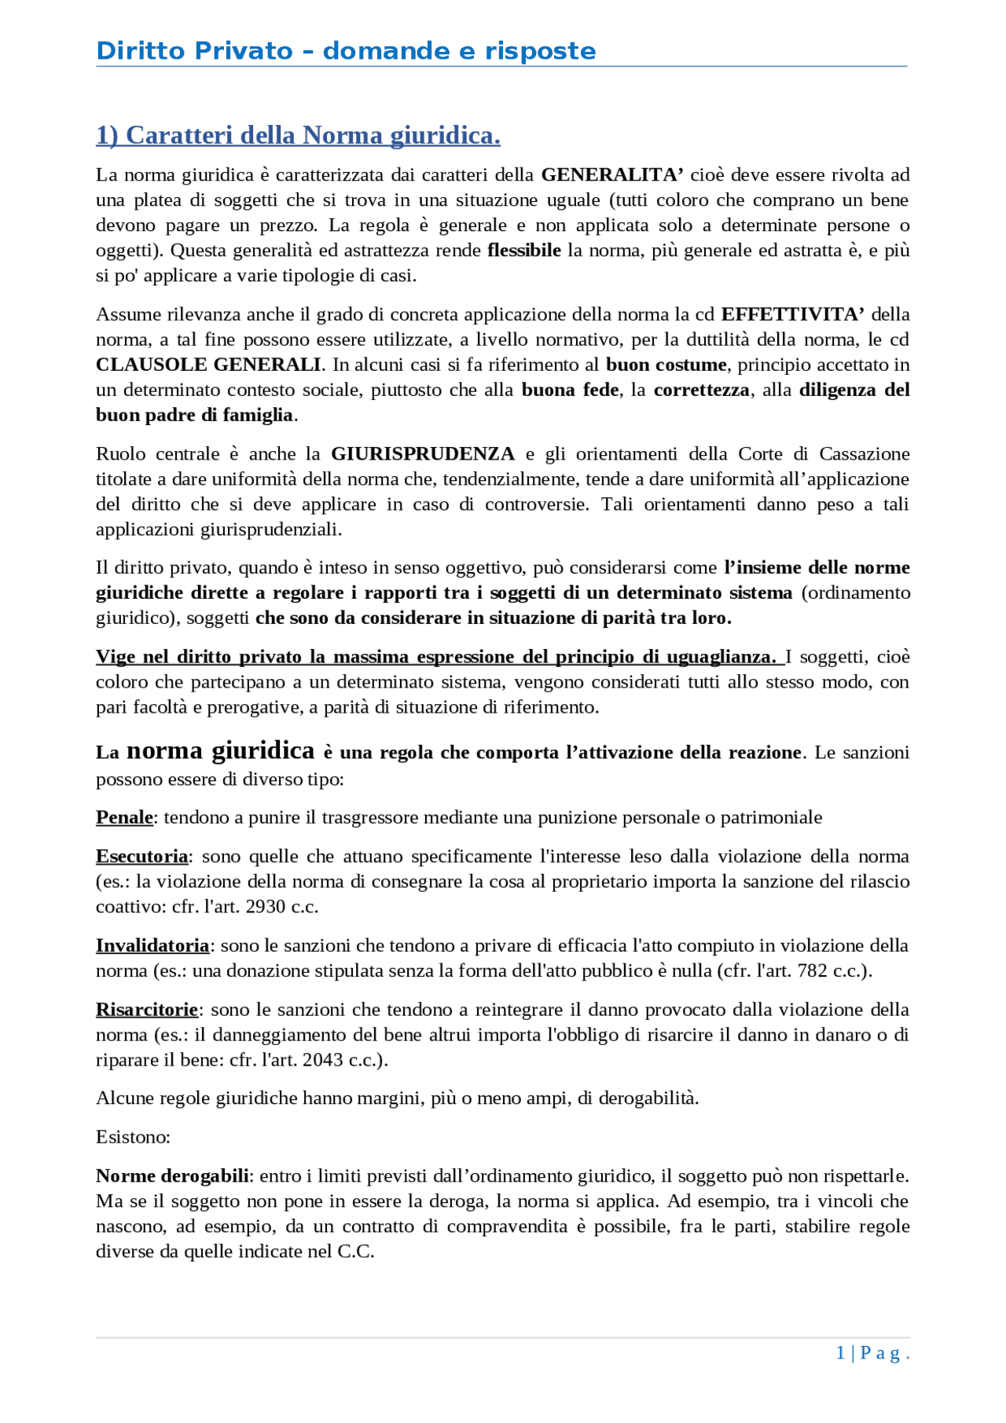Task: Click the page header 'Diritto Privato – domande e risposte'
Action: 346,51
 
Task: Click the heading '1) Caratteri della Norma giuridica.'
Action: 298,135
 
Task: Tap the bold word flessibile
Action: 524,250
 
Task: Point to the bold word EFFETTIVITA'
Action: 793,314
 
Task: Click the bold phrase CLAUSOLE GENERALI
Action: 208,365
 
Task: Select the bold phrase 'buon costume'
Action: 666,365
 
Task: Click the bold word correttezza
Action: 701,390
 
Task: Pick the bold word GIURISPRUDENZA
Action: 423,453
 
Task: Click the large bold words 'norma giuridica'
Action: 221,750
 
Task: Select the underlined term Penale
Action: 124,817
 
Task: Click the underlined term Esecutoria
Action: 142,856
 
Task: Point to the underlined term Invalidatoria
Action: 152,945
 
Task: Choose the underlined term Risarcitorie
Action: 147,1009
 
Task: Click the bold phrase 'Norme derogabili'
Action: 172,1175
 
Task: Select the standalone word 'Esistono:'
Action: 133,1137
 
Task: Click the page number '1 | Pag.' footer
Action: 872,1352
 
